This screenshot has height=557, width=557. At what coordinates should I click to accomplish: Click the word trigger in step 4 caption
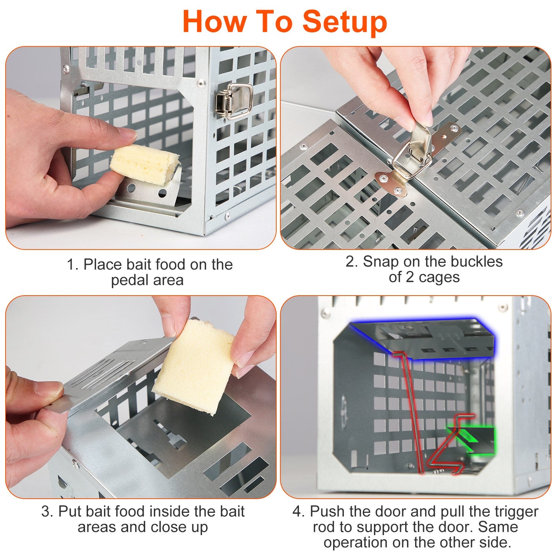516,512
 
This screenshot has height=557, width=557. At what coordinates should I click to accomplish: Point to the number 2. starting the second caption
352,262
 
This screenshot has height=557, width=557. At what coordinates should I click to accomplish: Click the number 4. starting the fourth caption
299,512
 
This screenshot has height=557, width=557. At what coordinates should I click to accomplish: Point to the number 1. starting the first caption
73,265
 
